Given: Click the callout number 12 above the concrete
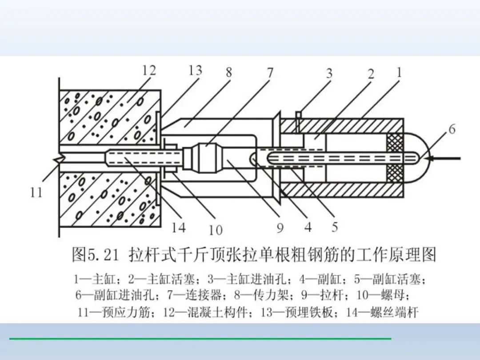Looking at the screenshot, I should tap(149, 70).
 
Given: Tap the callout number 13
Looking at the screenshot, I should tap(195, 70).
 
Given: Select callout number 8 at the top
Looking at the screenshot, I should tap(228, 72).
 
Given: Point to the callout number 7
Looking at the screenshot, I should tap(270, 72).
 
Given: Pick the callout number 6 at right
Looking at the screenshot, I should tap(452, 129).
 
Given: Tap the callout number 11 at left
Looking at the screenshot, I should tap(36, 192).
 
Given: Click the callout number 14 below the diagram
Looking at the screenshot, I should tap(179, 228).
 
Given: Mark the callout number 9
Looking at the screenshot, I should tap(280, 228).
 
